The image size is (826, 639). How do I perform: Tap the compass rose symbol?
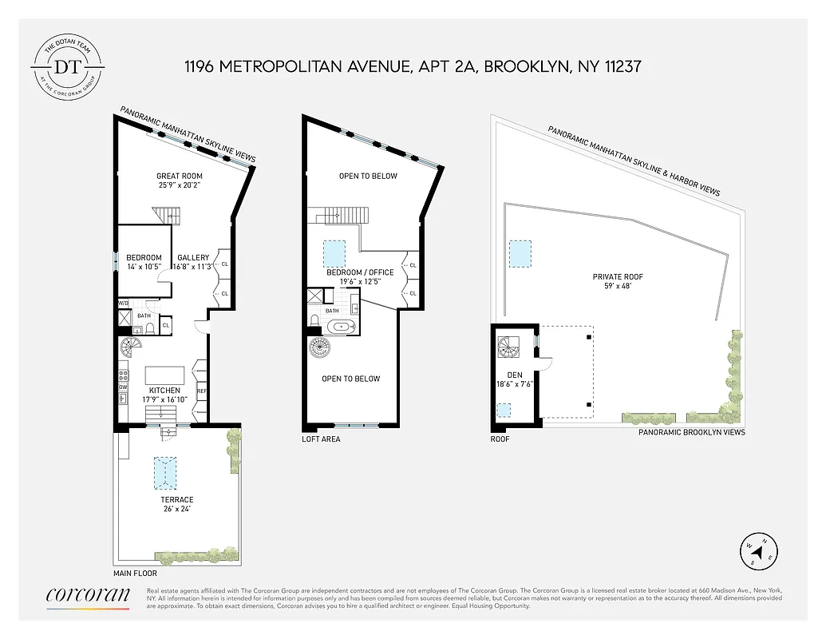pos(758,550)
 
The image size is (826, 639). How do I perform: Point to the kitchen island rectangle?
pos(164,375)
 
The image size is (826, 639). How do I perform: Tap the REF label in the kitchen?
pos(202,391)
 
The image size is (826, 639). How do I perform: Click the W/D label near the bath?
pos(124,304)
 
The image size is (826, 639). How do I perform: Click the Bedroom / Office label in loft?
pos(360,272)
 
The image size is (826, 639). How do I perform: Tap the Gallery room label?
pos(193,257)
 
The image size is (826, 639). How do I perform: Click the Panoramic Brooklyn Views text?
pos(691,432)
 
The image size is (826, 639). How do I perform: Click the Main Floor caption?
pos(135,574)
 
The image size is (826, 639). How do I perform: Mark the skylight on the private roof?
pos(521,255)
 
